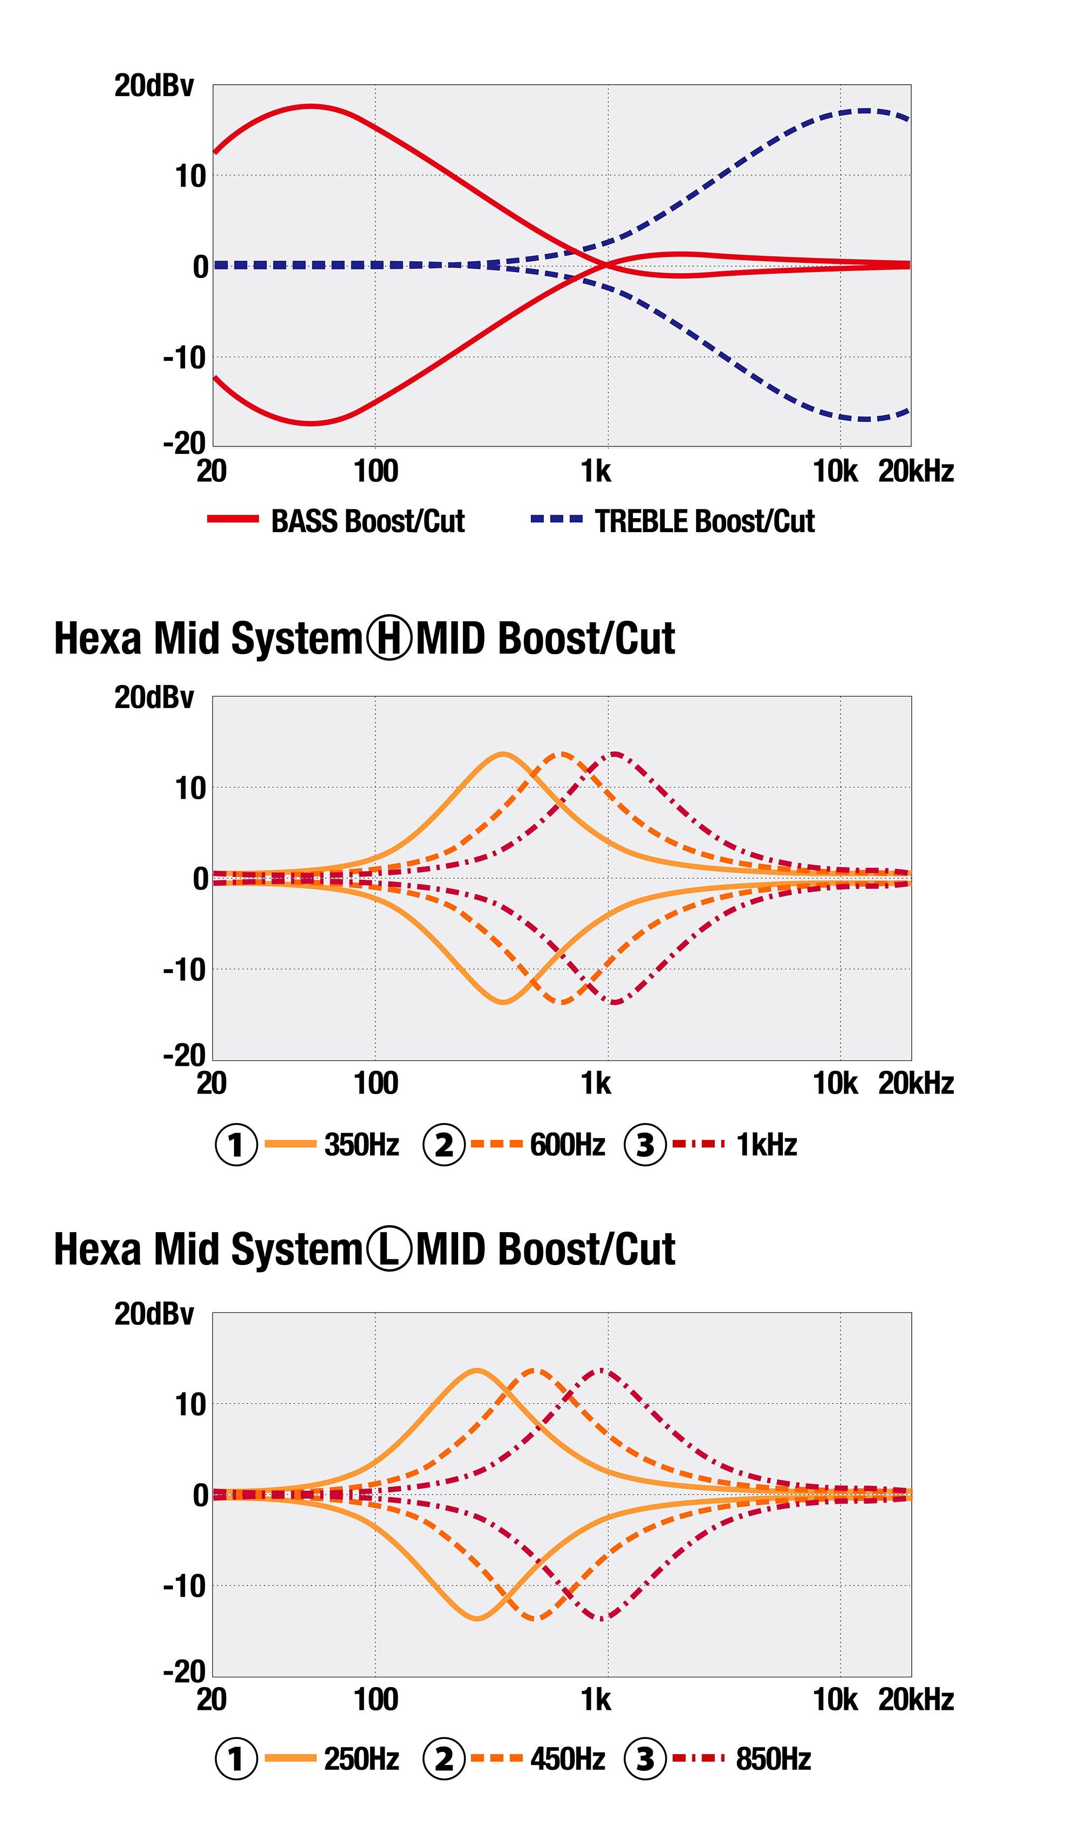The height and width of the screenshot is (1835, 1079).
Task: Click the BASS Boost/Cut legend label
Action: click(368, 521)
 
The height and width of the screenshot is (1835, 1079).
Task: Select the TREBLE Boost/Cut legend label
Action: click(705, 521)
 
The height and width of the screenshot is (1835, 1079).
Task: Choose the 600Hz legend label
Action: click(567, 1145)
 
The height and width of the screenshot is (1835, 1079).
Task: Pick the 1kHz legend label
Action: click(767, 1145)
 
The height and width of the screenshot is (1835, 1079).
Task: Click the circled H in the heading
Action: click(389, 638)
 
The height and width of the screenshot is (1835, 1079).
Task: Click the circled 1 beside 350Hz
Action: click(236, 1145)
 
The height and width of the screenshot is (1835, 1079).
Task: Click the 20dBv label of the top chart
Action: click(154, 86)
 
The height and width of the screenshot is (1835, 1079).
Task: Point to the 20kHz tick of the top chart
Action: click(915, 472)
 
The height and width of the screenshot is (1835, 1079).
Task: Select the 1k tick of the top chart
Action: click(596, 472)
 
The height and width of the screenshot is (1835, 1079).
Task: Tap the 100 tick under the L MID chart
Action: click(375, 1700)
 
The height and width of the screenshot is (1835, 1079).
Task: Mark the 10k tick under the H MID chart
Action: click(835, 1084)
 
